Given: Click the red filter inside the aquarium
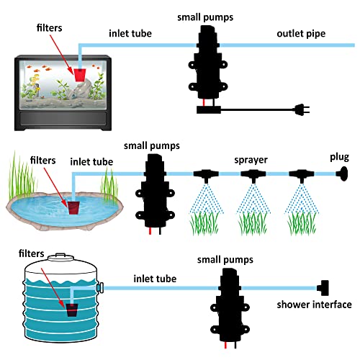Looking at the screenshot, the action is coord(80,75).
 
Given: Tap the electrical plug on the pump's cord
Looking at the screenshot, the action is coord(302,109).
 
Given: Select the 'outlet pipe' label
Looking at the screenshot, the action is coord(301,34).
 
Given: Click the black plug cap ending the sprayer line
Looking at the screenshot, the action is coord(343,174).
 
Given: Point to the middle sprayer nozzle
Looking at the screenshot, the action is coord(253,175).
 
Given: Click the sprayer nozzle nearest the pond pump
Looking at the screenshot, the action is coord(206,175).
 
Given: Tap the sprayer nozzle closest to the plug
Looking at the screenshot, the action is coord(302,175).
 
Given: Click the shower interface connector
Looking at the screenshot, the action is coord(323,288).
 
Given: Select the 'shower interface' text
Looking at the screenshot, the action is coord(314,305).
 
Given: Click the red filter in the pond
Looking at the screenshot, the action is coord(73,207).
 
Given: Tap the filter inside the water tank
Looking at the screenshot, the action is coord(72,310).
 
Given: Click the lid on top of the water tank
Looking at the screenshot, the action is coord(60,257).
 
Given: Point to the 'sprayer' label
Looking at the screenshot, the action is coord(251,161).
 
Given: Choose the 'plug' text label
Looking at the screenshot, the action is coord(339,158).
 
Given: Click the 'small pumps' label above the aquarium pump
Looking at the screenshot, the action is coord(205,17).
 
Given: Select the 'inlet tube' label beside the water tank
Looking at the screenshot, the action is coord(155,279).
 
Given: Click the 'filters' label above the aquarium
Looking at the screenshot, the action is coord(49,28).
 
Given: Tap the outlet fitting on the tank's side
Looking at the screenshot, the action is coord(100,287).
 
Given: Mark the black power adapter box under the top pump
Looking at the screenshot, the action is coord(209,110).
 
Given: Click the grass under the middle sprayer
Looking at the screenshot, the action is coord(253,224).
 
